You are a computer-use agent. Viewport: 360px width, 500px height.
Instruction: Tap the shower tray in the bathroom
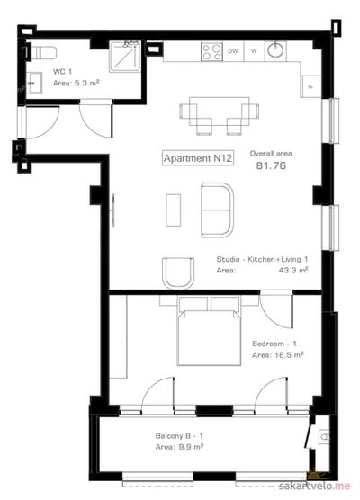[125, 57]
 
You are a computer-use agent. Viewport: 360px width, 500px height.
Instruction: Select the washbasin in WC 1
[34, 83]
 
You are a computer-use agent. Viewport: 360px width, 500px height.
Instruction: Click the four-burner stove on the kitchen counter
[211, 52]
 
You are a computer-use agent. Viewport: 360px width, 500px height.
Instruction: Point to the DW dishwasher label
[233, 51]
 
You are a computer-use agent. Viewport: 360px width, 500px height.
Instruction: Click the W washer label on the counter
[254, 51]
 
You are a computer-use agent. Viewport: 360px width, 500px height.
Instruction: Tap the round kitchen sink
[275, 50]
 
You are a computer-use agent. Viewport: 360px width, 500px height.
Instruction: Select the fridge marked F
[310, 86]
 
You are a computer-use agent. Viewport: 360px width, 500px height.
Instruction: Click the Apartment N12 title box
[198, 158]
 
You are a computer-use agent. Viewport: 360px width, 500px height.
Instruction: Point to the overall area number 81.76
[271, 165]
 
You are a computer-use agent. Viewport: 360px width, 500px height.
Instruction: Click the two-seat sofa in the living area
[217, 210]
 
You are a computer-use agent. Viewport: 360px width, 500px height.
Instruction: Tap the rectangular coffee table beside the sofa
[174, 210]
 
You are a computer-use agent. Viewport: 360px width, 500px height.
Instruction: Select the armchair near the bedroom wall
[178, 273]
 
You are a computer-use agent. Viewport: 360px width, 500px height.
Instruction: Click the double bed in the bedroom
[209, 331]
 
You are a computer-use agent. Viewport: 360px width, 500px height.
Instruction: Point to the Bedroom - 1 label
[274, 344]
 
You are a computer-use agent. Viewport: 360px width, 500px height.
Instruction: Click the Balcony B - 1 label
[179, 436]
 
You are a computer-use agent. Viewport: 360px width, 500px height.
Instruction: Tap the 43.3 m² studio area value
[293, 270]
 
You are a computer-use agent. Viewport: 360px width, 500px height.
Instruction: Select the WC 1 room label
[63, 71]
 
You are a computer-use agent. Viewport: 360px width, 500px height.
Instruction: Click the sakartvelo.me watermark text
[314, 487]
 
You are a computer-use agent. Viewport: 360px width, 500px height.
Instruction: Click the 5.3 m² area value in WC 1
[86, 84]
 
